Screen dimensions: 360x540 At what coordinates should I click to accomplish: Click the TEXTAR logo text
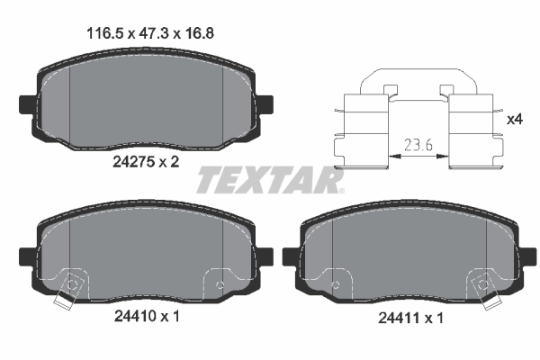(x=270, y=181)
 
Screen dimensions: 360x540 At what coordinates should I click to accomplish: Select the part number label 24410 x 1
(x=145, y=317)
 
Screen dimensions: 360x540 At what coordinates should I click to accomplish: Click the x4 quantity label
(x=515, y=119)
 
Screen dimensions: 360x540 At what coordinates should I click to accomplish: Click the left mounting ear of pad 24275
(x=26, y=101)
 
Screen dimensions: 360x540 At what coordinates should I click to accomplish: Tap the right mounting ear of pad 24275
(x=266, y=101)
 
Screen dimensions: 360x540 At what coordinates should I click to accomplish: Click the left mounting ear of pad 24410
(x=26, y=256)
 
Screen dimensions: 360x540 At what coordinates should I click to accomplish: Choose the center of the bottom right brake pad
(x=409, y=256)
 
